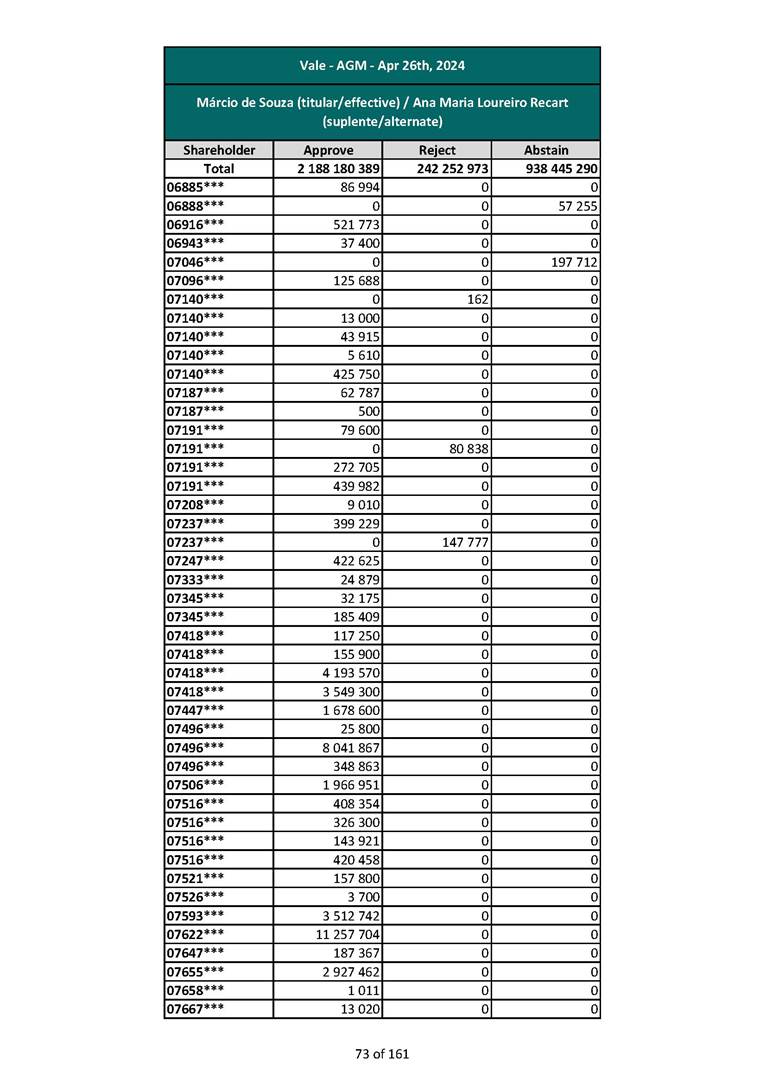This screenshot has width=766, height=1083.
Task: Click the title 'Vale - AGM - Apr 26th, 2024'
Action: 382,66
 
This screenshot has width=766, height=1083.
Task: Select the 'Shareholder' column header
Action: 219,150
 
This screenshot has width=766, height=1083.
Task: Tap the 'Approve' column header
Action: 328,150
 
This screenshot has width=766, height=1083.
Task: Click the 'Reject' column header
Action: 437,150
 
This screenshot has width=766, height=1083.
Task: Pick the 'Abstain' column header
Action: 546,150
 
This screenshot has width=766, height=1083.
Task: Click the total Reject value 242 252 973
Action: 452,169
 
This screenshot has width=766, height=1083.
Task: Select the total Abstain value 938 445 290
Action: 561,169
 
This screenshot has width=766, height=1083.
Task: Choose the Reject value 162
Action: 476,299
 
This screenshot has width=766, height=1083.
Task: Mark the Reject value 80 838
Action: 466,449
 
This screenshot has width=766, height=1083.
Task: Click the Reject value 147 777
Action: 462,542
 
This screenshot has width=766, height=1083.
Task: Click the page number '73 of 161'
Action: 382,1053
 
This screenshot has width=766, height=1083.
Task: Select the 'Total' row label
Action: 219,169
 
